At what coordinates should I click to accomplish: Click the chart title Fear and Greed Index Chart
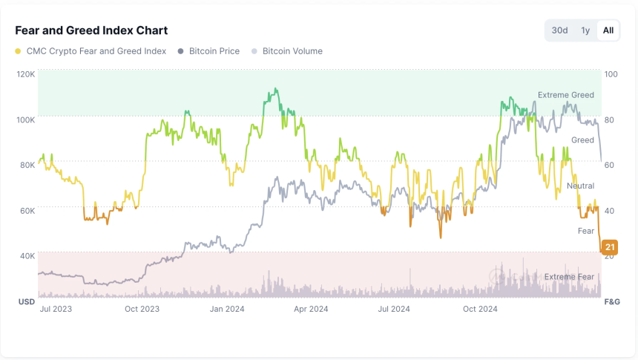pos(91,30)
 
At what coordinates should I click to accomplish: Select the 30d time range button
pos(559,30)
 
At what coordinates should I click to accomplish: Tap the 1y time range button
pos(585,30)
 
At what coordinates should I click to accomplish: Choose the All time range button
pos(608,30)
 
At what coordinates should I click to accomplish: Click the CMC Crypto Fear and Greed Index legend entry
pos(96,51)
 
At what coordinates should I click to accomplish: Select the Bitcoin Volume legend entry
pos(292,51)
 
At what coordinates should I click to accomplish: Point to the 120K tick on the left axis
pos(26,74)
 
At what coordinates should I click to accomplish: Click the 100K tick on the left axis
pos(26,120)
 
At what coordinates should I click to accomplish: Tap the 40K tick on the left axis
pos(27,256)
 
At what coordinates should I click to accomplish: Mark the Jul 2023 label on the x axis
pos(56,309)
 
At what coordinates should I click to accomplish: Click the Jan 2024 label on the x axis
pos(227,309)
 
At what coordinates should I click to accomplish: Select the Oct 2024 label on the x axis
pos(479,309)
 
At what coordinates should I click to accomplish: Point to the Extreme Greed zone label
pos(565,95)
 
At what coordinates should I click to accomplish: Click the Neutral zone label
pos(580,186)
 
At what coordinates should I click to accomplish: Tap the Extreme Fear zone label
pos(569,277)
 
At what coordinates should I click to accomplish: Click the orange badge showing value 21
pos(610,247)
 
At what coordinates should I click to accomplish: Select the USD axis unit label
pos(27,302)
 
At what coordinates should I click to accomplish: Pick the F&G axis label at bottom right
pos(612,302)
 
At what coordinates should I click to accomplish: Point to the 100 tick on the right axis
pos(612,74)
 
